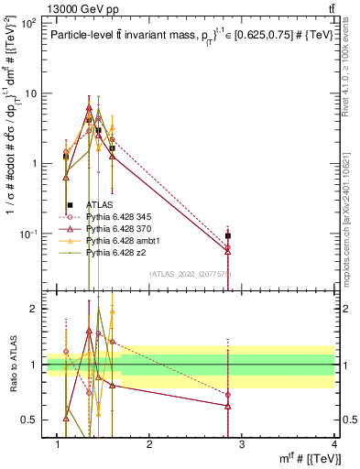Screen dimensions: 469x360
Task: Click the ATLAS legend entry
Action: pyautogui.click(x=99, y=206)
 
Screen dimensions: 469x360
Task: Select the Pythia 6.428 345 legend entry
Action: pyautogui.click(x=119, y=217)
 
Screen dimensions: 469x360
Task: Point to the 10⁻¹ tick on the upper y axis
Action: pyautogui.click(x=28, y=234)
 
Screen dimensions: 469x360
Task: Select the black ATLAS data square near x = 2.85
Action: pyautogui.click(x=228, y=235)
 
